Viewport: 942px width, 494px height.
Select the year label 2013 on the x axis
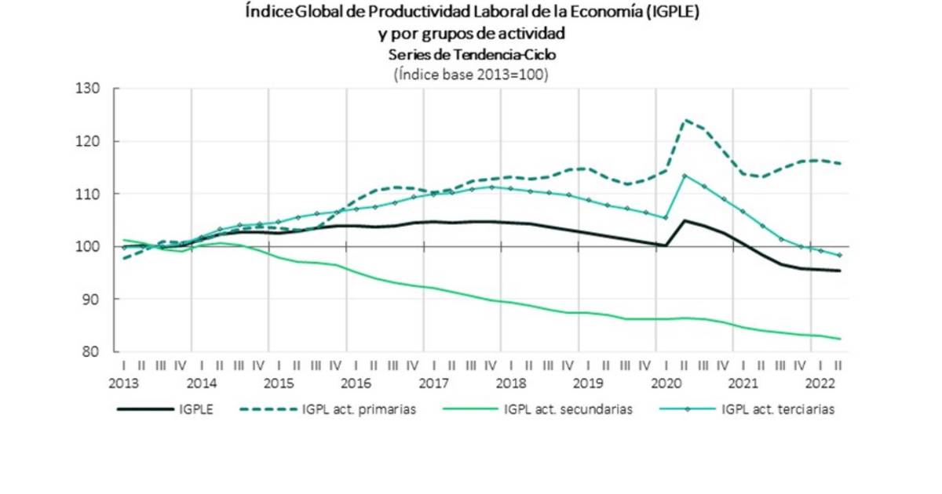click(124, 383)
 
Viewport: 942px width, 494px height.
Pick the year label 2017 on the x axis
click(433, 383)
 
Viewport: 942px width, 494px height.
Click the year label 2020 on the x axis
click(666, 383)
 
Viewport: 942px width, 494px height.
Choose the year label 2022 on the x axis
click(820, 383)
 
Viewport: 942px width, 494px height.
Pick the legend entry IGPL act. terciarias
click(777, 409)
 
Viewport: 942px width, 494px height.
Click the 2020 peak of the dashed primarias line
click(685, 120)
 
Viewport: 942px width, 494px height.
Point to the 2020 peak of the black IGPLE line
click(685, 220)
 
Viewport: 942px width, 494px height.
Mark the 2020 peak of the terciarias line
click(685, 175)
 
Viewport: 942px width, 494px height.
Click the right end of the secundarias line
click(841, 339)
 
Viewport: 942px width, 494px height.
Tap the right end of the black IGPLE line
click(841, 271)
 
